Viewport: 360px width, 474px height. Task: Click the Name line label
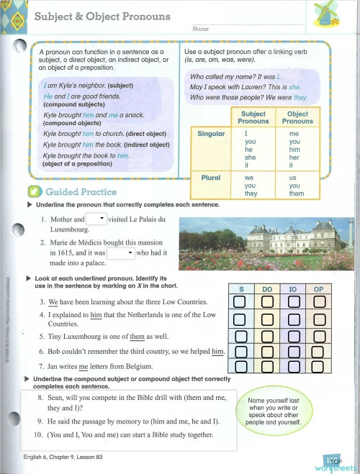coord(200,29)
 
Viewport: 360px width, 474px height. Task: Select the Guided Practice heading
coord(71,193)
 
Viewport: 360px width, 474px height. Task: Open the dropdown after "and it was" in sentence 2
coord(129,253)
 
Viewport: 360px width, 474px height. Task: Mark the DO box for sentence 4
coord(267,317)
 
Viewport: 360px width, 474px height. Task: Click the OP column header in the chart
coord(318,288)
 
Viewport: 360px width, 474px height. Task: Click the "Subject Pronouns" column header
coord(253,117)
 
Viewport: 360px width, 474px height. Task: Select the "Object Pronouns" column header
coord(297,117)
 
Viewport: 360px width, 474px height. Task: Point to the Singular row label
coord(211,134)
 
